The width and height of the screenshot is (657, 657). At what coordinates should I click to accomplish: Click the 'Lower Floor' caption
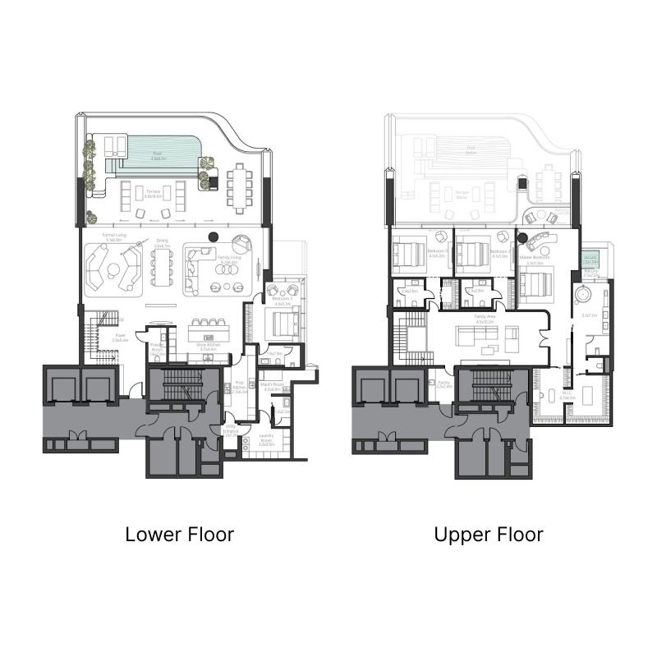(x=179, y=535)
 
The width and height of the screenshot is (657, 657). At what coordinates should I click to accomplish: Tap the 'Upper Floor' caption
(x=489, y=535)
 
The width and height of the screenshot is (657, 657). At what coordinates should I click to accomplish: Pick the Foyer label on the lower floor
(x=108, y=337)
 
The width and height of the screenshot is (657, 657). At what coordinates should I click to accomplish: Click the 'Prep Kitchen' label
(x=240, y=386)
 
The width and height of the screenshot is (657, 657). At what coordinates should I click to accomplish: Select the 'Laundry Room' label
(x=265, y=437)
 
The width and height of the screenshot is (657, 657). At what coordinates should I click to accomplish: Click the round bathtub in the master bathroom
(x=586, y=292)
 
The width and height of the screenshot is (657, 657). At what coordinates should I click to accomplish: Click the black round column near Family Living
(x=213, y=237)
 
